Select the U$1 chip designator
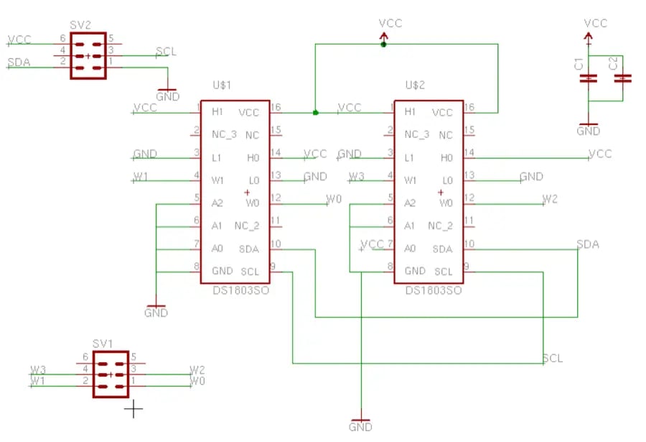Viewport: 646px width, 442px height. point(223,85)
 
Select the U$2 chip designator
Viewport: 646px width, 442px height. point(416,85)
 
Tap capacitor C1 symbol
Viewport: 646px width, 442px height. point(589,78)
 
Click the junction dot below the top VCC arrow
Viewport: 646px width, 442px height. point(383,45)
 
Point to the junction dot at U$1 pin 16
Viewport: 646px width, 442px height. point(315,112)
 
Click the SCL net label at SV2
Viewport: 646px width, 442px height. point(166,51)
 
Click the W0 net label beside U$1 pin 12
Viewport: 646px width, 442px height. point(334,198)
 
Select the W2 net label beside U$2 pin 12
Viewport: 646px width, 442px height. point(550,198)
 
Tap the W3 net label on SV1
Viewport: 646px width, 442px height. point(38,369)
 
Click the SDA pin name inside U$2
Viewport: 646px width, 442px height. point(442,249)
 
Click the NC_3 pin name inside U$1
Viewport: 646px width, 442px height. point(224,134)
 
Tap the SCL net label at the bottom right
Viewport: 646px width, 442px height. point(553,358)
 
